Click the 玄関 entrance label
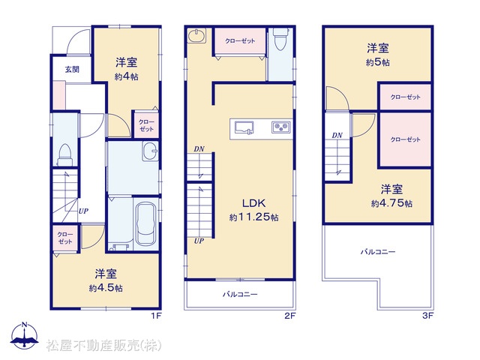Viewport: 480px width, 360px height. coord(72,70)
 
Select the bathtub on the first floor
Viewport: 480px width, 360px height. coord(145,223)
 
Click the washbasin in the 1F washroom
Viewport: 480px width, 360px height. coord(150,151)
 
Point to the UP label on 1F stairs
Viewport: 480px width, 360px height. coord(83,211)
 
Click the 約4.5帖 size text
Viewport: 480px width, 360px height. coord(106,288)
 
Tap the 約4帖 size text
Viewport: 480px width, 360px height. coord(127,76)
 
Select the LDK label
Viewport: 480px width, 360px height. coord(253,203)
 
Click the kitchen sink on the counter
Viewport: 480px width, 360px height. coord(244,127)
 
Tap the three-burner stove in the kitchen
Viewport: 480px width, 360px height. coord(281,127)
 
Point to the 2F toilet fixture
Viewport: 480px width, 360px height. coord(280,39)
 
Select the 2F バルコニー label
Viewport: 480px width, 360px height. coord(240,294)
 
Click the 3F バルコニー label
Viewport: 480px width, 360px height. coord(378,252)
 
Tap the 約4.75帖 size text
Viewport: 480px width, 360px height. coord(391,203)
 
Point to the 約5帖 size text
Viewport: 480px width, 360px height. coord(378,62)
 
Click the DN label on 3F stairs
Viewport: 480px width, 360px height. coord(337,135)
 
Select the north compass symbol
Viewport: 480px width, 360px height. coord(25,335)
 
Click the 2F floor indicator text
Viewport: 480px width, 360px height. coord(289,316)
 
